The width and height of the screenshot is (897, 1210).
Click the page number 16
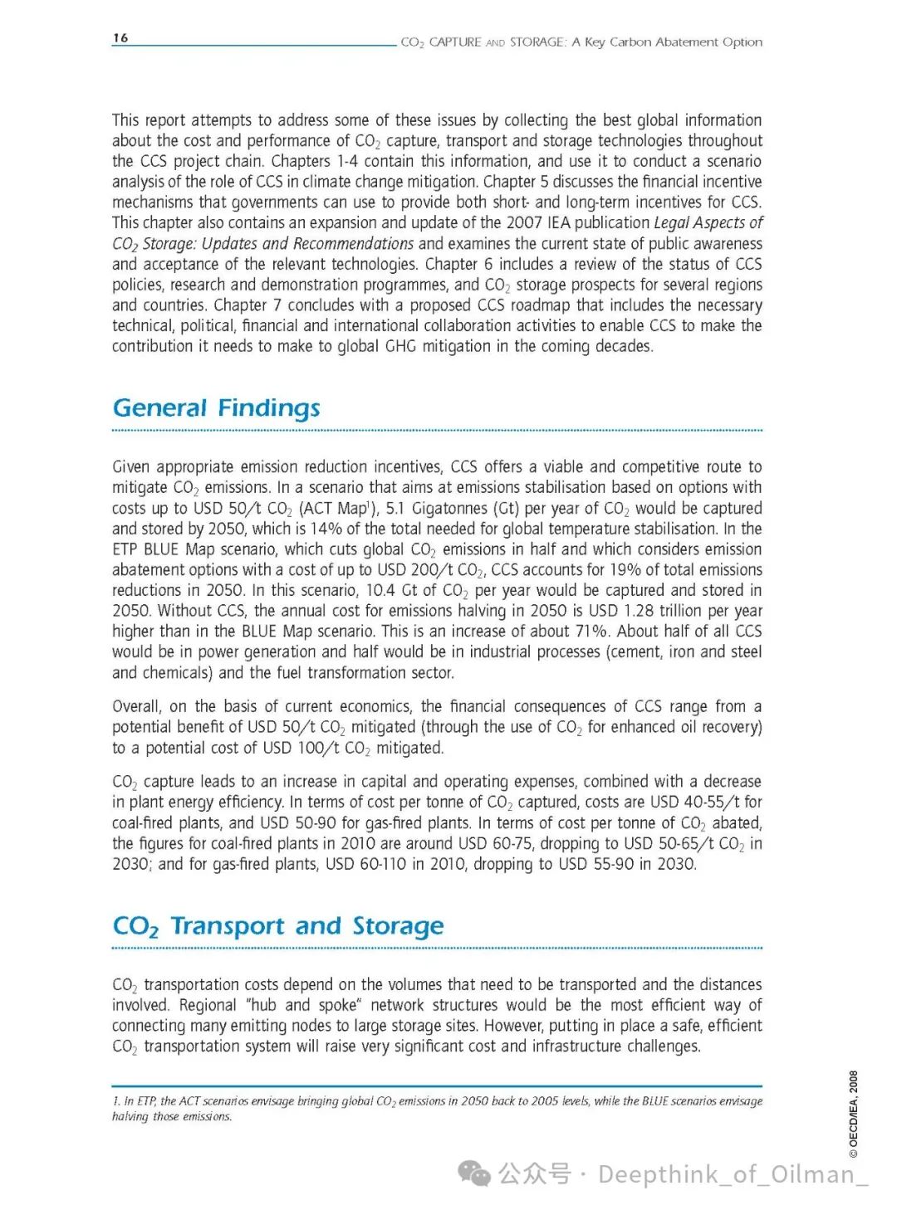pos(120,38)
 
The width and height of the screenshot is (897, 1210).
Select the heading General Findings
pos(216,408)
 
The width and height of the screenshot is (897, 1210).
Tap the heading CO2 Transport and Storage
pos(278,926)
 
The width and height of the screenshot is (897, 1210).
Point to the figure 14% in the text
pos(326,529)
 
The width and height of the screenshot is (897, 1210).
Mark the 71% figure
pos(591,632)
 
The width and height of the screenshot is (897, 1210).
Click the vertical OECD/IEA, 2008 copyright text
pos(853,1114)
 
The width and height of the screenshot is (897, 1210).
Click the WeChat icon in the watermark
pos(475,1173)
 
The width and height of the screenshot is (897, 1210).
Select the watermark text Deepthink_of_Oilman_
pos(733,1174)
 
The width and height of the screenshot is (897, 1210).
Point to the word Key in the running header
pos(595,42)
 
